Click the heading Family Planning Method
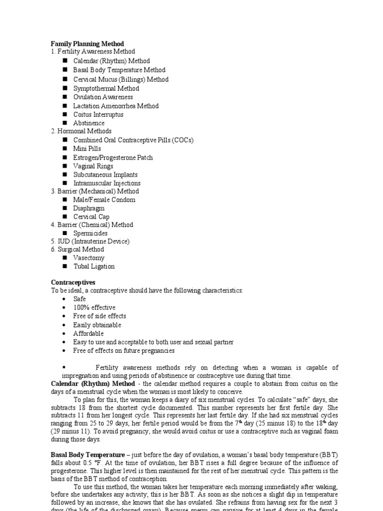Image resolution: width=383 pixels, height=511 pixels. point(87,44)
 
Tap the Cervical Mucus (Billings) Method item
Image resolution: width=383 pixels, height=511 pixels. point(121,79)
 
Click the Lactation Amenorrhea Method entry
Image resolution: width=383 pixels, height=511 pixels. point(116,106)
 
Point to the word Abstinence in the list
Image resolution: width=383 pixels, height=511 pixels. point(89,123)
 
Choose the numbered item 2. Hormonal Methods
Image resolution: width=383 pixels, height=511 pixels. point(81,131)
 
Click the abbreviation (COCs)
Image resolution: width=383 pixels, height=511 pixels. point(182,140)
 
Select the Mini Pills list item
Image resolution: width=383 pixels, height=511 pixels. point(87,149)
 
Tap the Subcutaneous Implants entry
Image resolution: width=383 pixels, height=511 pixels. point(105,175)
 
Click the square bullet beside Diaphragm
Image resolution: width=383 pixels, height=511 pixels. point(65,209)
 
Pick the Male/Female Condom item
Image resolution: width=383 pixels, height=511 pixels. point(104,200)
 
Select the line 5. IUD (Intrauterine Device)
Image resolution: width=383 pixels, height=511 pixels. point(90,242)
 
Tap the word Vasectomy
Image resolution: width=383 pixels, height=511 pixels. point(89,257)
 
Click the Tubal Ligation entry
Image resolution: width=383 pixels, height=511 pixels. point(94,266)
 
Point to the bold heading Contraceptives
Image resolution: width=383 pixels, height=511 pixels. point(73,282)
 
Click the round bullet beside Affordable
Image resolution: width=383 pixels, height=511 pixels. point(65,333)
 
